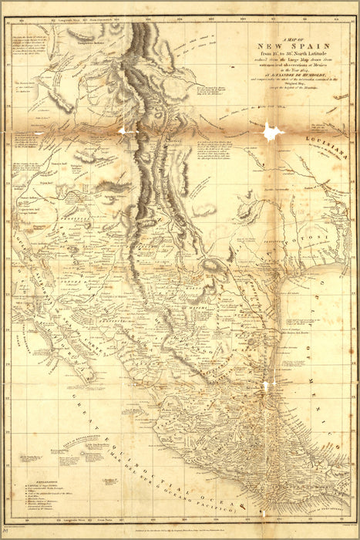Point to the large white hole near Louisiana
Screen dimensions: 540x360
point(271,133)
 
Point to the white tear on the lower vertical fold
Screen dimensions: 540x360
point(267,384)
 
